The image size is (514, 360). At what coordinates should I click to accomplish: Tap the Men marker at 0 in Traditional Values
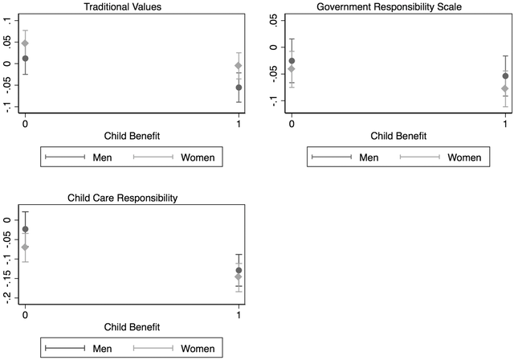[x=26, y=59]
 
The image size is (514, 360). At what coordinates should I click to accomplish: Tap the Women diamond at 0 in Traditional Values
[x=26, y=43]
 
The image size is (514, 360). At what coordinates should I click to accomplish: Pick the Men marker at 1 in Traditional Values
[x=239, y=88]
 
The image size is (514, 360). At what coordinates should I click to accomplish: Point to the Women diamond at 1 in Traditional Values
[x=239, y=66]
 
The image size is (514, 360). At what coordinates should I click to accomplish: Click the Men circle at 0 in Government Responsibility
[x=292, y=61]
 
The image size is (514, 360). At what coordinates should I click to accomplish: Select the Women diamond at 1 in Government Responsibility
[x=504, y=88]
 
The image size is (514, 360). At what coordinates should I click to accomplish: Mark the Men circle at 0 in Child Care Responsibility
[x=26, y=229]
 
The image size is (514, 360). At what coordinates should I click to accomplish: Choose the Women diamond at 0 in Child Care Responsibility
[x=26, y=247]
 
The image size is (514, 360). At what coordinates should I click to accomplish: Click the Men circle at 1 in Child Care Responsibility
[x=239, y=270]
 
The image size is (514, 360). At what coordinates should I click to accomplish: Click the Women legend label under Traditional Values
[x=198, y=157]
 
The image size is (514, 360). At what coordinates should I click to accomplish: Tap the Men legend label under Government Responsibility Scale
[x=369, y=157]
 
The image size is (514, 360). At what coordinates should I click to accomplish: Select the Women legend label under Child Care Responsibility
[x=198, y=348]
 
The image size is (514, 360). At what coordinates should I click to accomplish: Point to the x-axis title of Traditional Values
[x=132, y=136]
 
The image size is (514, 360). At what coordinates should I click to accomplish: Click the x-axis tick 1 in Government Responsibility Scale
[x=504, y=120]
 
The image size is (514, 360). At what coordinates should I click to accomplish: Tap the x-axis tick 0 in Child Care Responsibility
[x=26, y=310]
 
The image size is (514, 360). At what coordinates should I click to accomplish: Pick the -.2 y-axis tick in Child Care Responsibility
[x=6, y=296]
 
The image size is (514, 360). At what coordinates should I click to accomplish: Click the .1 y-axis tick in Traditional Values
[x=6, y=22]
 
